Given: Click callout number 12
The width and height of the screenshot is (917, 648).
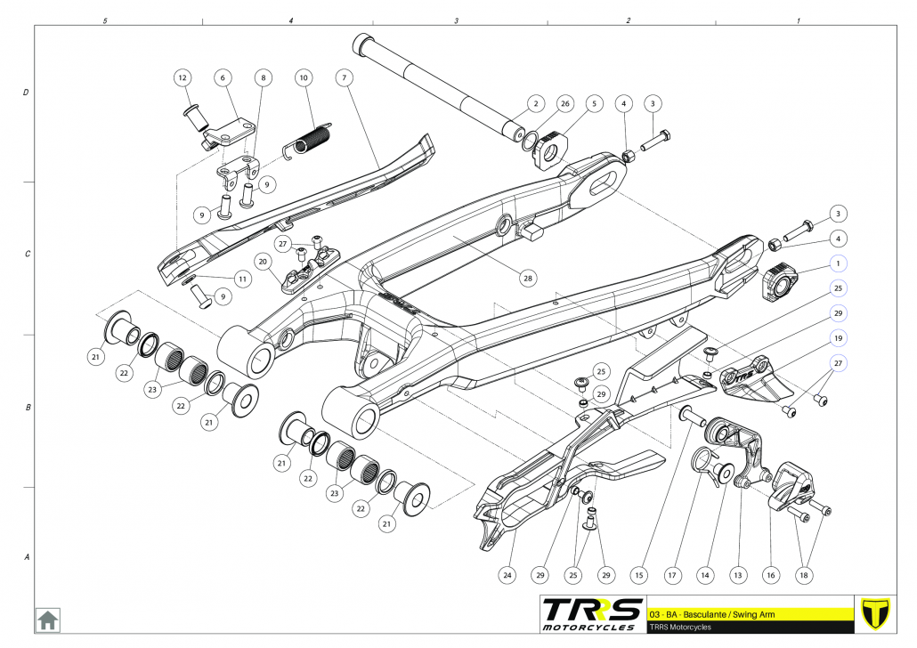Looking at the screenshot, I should tap(183, 78).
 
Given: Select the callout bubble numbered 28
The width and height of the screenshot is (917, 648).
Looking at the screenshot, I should tap(528, 279).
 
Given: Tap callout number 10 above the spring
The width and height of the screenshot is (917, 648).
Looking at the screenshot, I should tap(304, 78).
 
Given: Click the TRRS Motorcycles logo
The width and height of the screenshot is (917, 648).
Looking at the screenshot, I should tap(592, 612).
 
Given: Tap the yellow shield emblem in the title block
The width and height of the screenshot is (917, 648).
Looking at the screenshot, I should tap(877, 613).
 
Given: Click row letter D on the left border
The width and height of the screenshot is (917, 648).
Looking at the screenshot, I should tap(26, 93).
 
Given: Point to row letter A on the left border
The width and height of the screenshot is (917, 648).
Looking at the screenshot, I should tap(26, 558).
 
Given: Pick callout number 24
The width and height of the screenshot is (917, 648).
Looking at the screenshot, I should tap(507, 576).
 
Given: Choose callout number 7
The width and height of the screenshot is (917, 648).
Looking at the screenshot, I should tap(342, 78).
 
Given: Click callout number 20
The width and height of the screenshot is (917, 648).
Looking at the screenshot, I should tap(263, 262).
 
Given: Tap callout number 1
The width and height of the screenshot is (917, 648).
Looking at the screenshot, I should tap(838, 263).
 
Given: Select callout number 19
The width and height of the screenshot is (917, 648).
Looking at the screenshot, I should tap(838, 338).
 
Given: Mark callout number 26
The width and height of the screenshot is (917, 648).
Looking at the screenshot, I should tap(564, 104).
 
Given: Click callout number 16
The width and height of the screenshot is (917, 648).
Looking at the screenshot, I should tap(771, 576).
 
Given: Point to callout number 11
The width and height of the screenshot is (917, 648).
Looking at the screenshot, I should tap(241, 279).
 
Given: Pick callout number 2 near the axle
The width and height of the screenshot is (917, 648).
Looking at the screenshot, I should tap(535, 104).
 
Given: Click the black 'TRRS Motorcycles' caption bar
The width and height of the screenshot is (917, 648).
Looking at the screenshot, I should tap(748, 627).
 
